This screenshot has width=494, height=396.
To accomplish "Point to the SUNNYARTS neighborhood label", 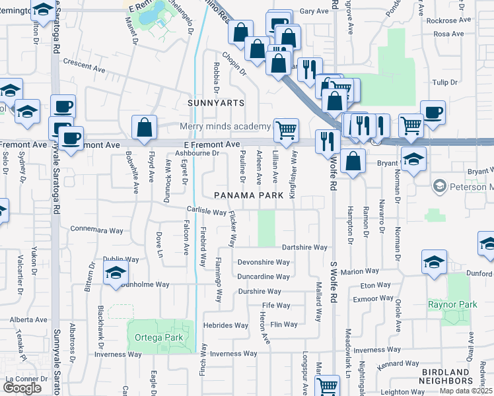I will pyautogui.click(x=216, y=103).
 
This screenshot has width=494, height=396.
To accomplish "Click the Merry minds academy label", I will pyautogui.click(x=226, y=127).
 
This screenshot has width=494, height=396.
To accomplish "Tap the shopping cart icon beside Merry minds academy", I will pyautogui.click(x=286, y=129).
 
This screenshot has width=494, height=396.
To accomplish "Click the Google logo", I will pyautogui.click(x=22, y=388).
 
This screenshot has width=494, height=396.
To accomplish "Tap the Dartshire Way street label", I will pyautogui.click(x=304, y=247).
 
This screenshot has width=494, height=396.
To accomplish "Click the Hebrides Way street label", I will pyautogui.click(x=226, y=325).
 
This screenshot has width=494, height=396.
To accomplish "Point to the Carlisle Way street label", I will pyautogui.click(x=206, y=211).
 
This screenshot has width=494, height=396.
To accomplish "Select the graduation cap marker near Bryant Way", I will pyautogui.click(x=413, y=159).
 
